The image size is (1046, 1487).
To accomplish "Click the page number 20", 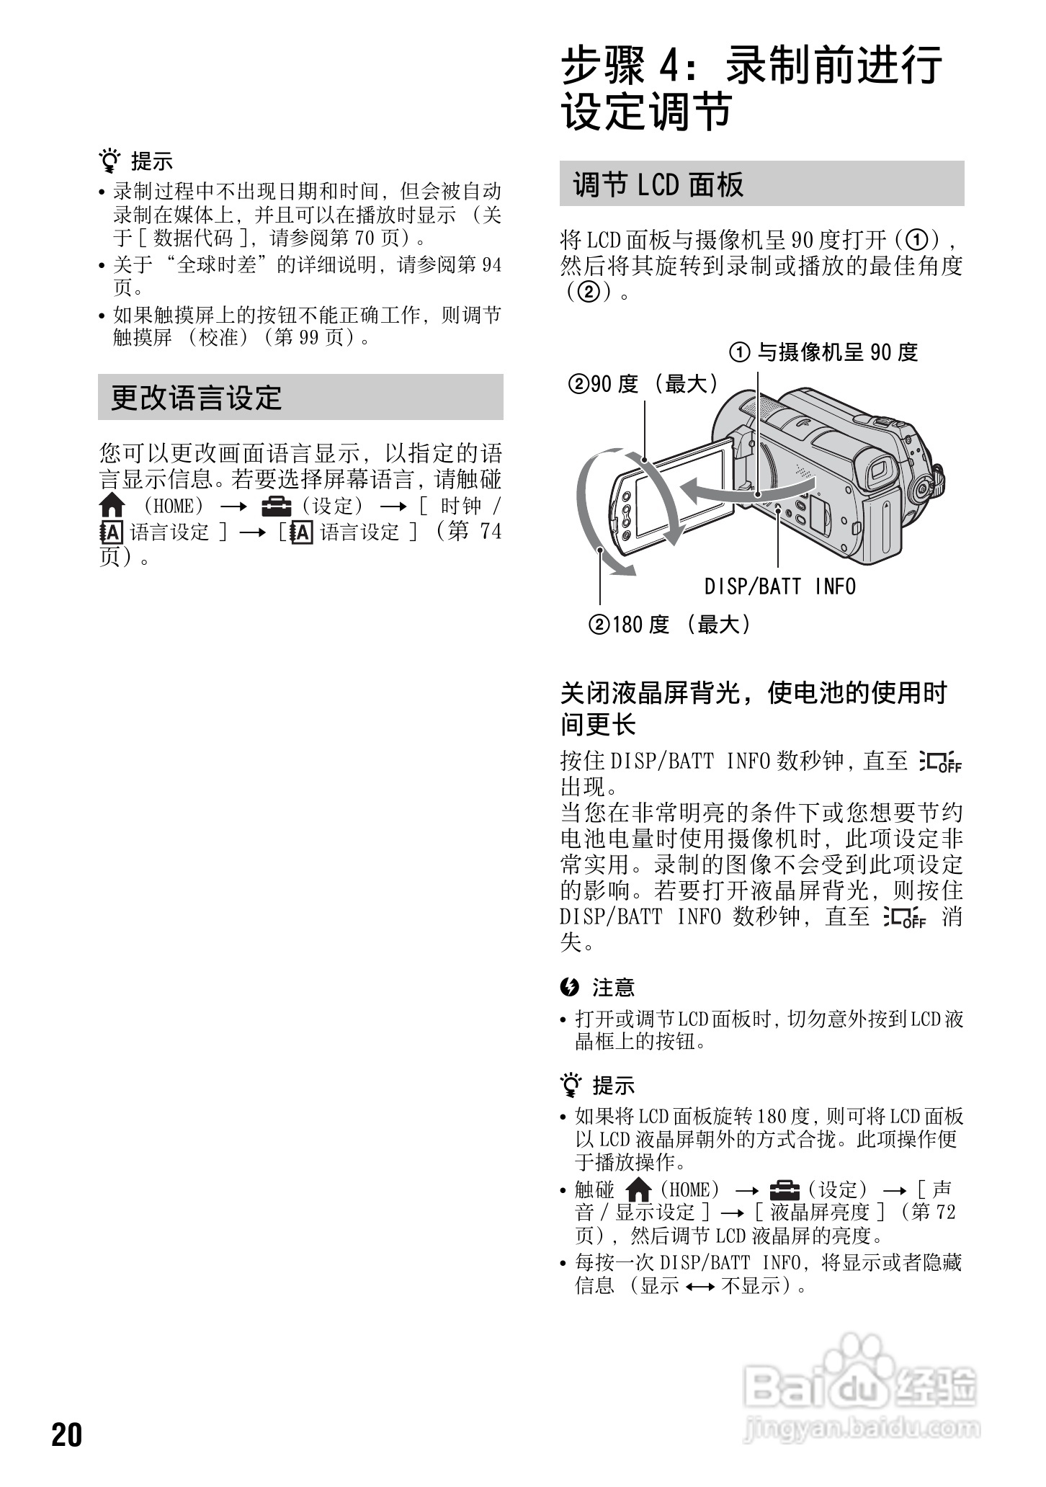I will [67, 1435].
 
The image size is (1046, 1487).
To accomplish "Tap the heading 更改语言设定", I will [196, 398].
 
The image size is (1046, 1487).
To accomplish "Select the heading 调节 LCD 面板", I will [658, 184].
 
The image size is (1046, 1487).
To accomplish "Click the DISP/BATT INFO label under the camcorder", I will [780, 587].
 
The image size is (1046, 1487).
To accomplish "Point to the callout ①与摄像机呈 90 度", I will [825, 352].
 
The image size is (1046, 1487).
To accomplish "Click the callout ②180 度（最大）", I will [671, 624].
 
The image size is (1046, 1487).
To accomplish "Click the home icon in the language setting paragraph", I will [112, 506].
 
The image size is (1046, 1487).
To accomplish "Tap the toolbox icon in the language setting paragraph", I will [277, 506].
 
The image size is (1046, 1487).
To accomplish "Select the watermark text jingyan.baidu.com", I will [860, 1426].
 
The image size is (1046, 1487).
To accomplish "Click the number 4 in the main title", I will [670, 67].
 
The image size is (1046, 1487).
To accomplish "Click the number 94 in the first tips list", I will [491, 265].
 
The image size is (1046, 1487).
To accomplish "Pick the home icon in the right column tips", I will [639, 1189].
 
